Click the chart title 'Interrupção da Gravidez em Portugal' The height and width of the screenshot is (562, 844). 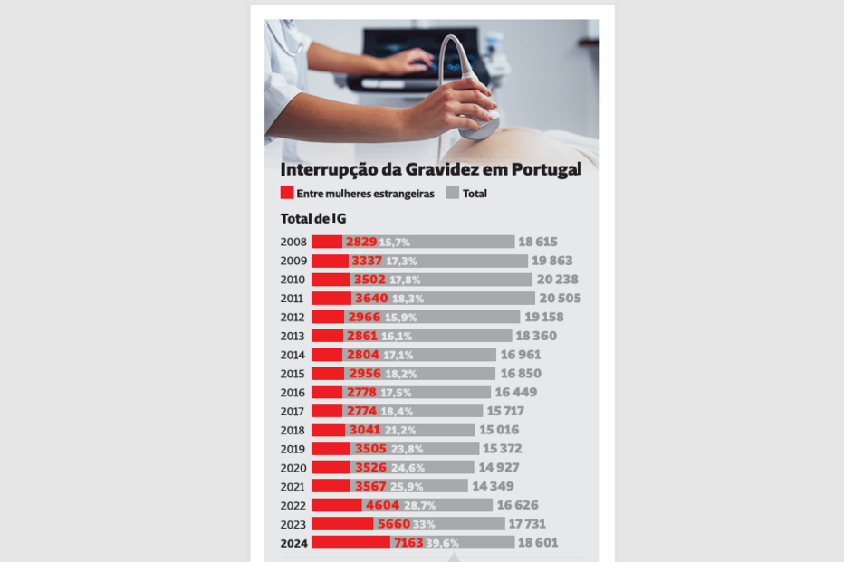(430, 170)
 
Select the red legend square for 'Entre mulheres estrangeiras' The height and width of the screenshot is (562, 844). (287, 193)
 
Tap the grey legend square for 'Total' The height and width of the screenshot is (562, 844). (453, 193)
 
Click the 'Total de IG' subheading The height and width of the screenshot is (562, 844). (312, 218)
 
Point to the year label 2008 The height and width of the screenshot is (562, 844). (293, 243)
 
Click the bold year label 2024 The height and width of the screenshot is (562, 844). (293, 543)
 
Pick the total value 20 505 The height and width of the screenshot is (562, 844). (560, 299)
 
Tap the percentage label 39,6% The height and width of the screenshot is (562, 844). (443, 543)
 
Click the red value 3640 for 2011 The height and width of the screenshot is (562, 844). (371, 299)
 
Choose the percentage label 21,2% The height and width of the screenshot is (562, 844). (400, 431)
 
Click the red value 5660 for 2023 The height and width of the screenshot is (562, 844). (393, 524)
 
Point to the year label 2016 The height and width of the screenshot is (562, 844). (293, 393)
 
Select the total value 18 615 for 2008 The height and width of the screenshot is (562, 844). (538, 243)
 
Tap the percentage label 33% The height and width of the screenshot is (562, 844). (424, 524)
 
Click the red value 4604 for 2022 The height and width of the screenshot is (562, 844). (382, 506)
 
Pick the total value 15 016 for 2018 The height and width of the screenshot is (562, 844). (500, 431)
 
